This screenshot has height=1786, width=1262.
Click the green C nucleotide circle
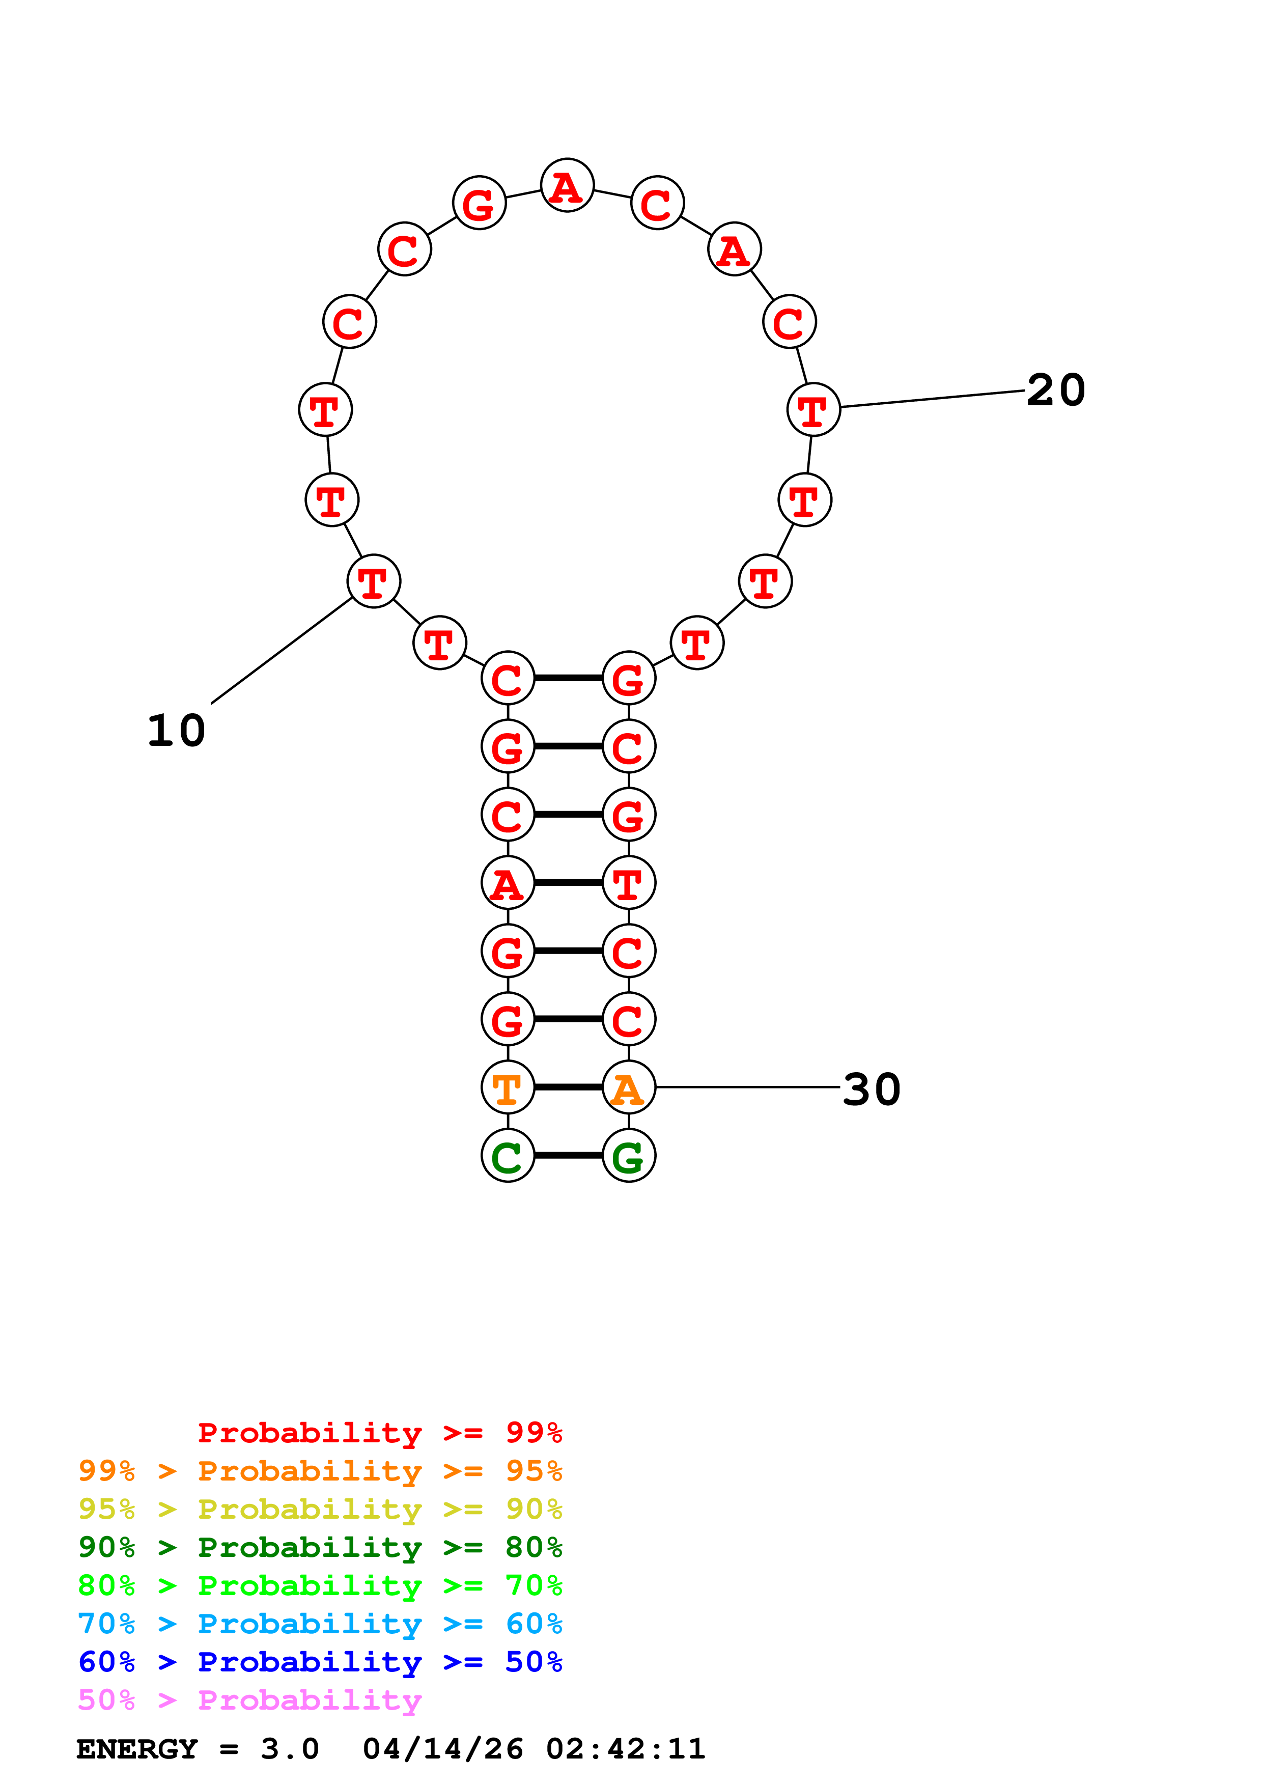[508, 1156]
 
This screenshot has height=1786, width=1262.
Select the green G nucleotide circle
[629, 1156]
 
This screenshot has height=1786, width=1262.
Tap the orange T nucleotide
[508, 1087]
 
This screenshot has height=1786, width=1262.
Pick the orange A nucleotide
[629, 1087]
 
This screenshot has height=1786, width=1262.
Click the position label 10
[177, 731]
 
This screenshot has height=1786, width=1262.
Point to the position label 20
[1055, 390]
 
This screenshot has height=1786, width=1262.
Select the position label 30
[871, 1090]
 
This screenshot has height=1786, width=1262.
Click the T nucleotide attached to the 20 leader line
[814, 410]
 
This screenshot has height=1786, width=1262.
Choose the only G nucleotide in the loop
[479, 203]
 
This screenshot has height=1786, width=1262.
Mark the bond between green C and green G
[569, 1156]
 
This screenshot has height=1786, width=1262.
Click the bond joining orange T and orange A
[569, 1087]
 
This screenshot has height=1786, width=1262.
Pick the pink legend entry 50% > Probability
[249, 1700]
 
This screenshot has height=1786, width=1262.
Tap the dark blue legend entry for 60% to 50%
[320, 1662]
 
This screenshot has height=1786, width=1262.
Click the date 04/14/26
[442, 1749]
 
